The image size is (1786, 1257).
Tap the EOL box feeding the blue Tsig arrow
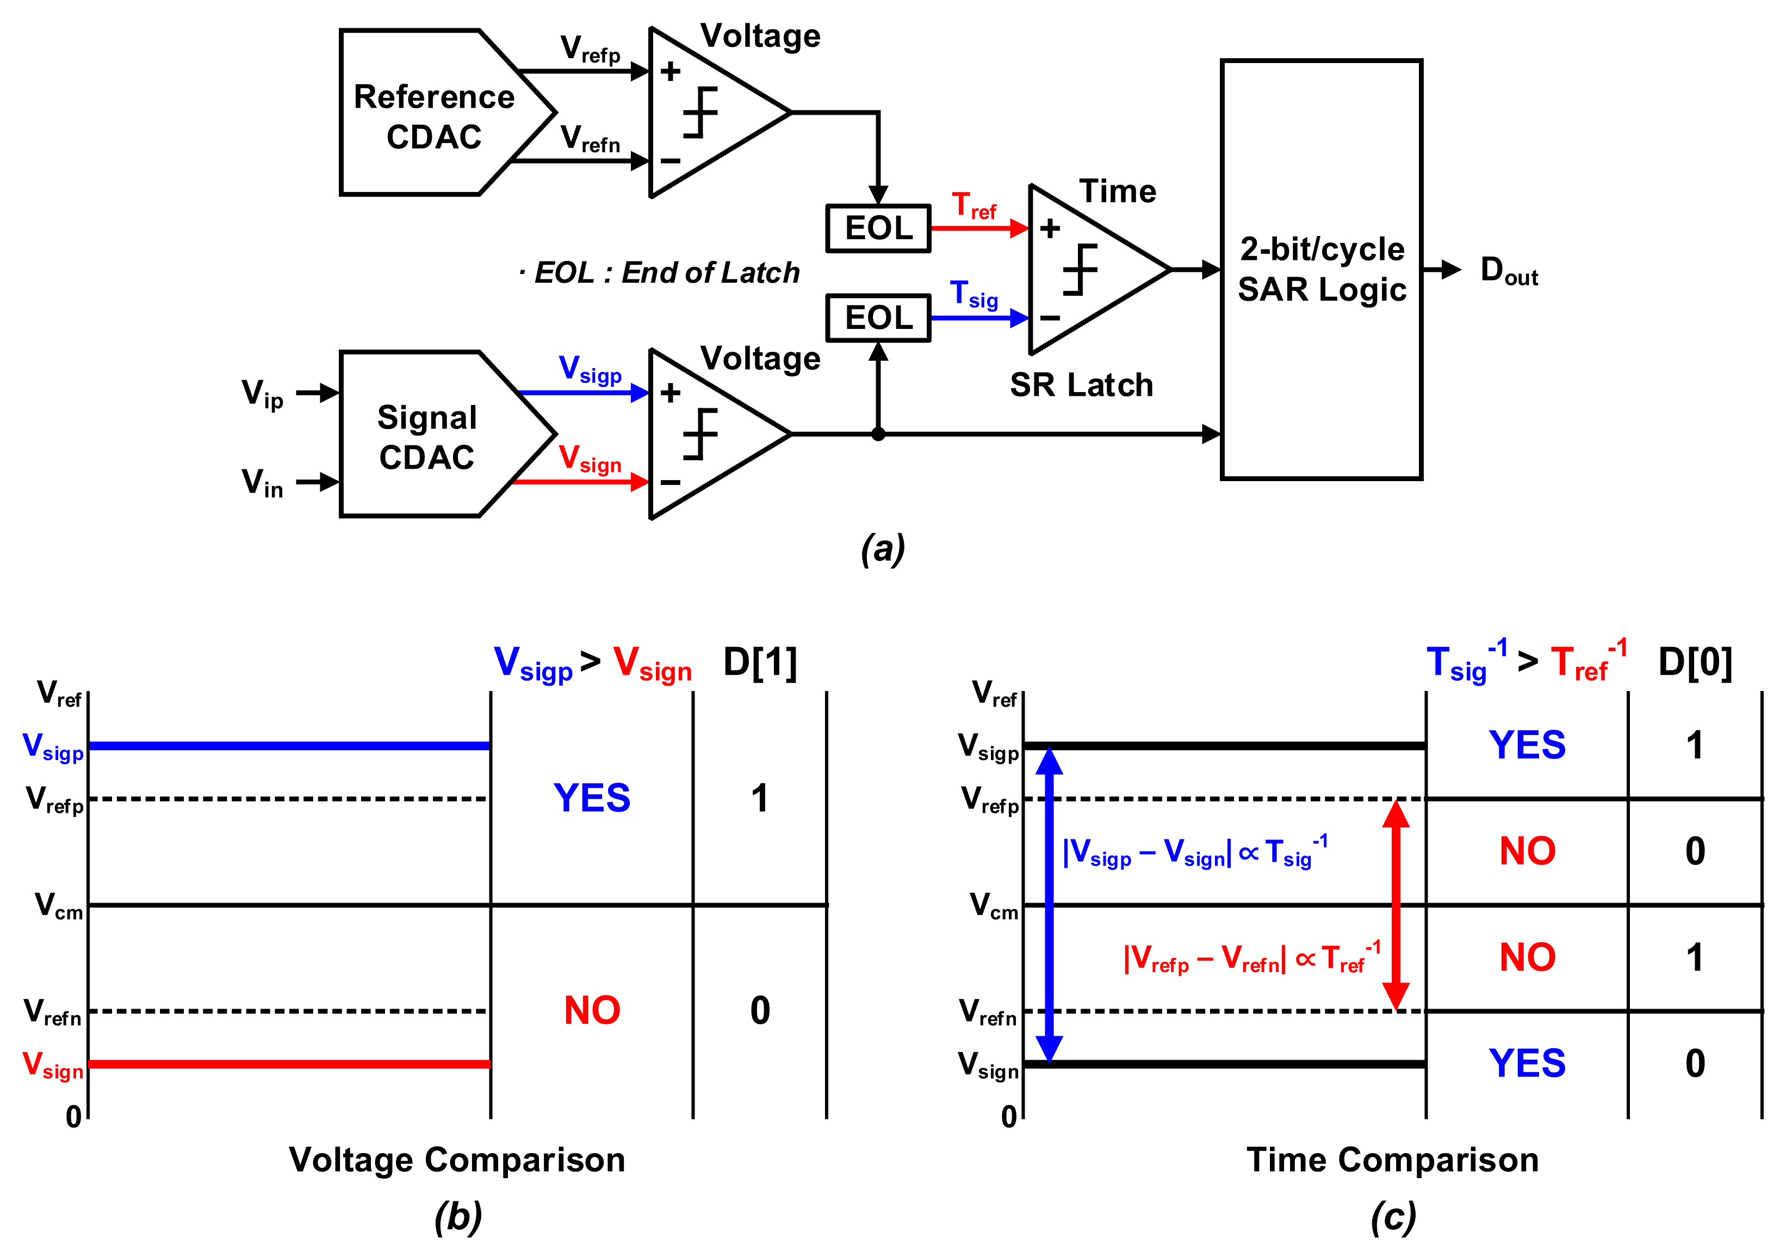[878, 318]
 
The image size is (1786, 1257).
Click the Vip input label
[262, 394]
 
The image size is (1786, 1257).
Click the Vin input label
[262, 483]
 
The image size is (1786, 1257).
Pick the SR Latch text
[1081, 385]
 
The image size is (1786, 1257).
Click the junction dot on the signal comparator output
[878, 434]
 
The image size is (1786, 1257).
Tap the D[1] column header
[760, 663]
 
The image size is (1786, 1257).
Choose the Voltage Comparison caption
[457, 1160]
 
